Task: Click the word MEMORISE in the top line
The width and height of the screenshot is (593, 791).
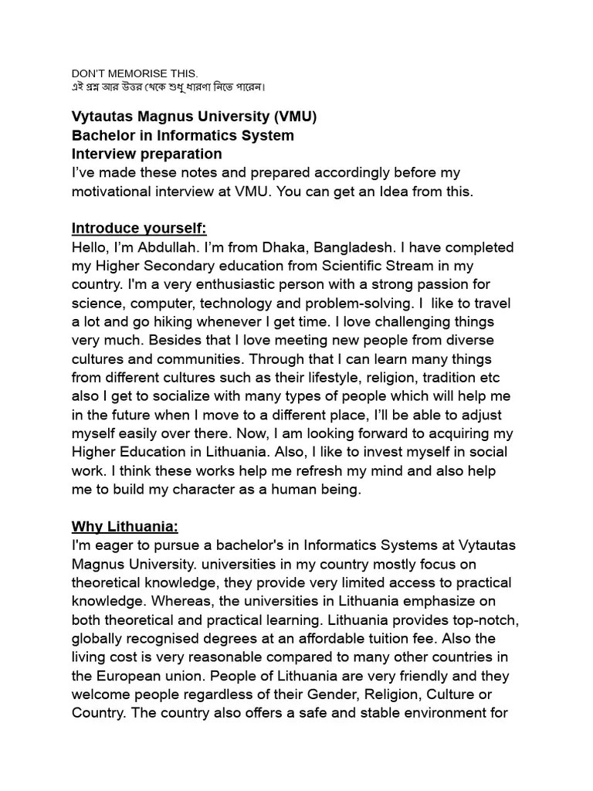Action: (x=136, y=73)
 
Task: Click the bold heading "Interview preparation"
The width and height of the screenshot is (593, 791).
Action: (x=147, y=154)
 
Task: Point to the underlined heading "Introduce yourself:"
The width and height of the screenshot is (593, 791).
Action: (x=139, y=228)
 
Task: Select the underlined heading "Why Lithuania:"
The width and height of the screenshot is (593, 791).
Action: (x=125, y=527)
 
